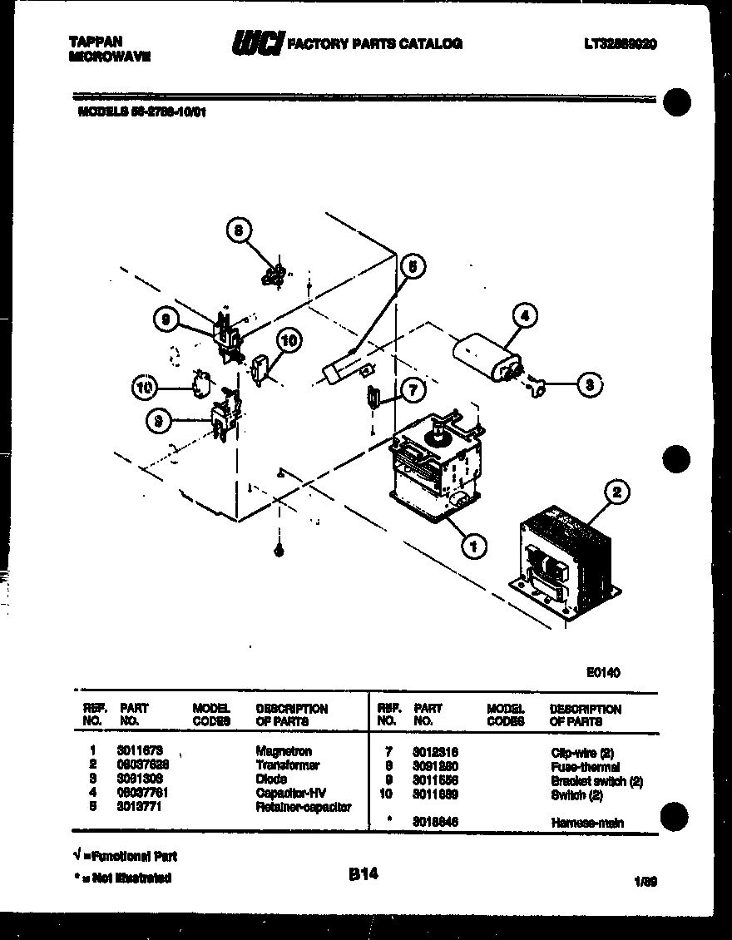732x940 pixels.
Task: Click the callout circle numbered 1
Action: (x=473, y=547)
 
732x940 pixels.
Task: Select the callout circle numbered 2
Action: (x=616, y=493)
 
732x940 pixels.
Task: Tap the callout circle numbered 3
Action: (x=589, y=385)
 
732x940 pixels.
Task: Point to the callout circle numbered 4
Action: (x=524, y=316)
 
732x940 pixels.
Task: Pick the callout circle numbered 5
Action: (x=412, y=266)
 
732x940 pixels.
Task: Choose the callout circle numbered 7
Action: (x=411, y=389)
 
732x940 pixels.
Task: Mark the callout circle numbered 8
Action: (x=239, y=232)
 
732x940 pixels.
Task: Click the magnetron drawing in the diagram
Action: (x=434, y=470)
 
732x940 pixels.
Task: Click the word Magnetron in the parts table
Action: (x=284, y=751)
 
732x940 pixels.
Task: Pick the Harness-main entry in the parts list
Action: (x=586, y=823)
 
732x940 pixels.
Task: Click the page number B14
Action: (x=363, y=874)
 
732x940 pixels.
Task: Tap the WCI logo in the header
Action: (x=258, y=42)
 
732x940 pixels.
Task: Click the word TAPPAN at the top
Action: (x=96, y=40)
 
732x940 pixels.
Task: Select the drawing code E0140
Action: (x=603, y=673)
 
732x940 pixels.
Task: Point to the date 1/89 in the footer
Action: (x=645, y=883)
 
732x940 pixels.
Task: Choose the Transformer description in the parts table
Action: (x=287, y=765)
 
